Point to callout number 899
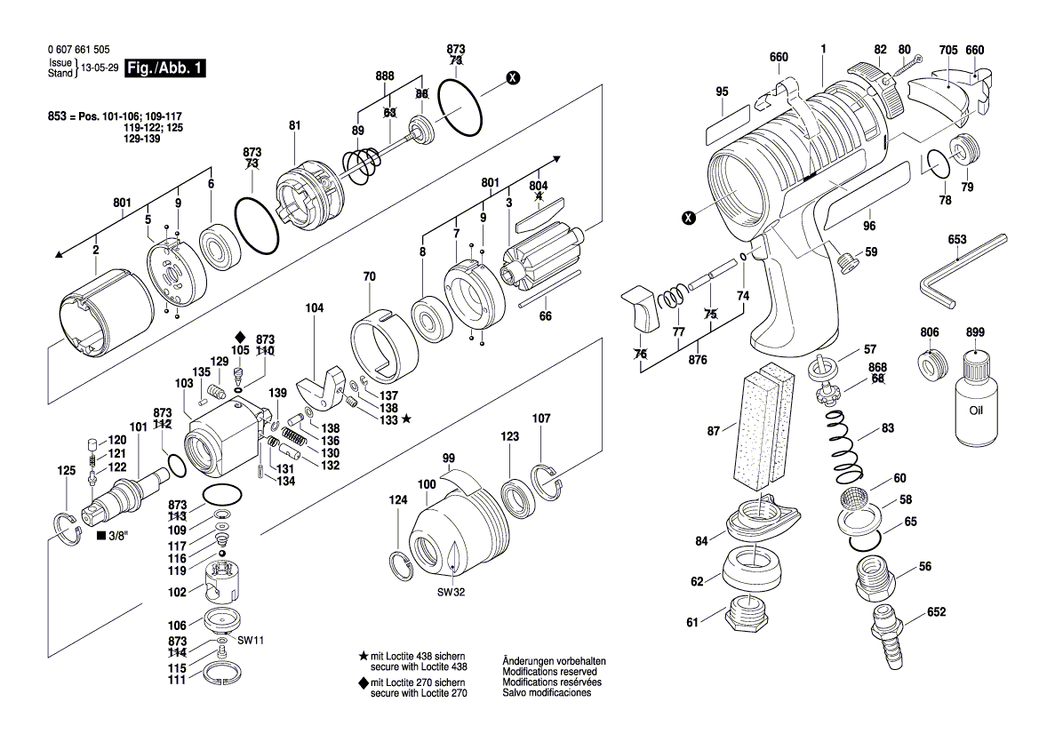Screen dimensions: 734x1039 click(x=976, y=332)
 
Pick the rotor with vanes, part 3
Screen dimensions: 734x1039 click(x=537, y=258)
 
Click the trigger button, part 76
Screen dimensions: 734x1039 click(x=641, y=307)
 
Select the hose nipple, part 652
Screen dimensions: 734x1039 click(x=883, y=636)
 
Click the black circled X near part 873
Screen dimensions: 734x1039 click(x=512, y=78)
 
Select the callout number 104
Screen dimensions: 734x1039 click(x=315, y=308)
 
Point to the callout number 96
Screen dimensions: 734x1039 click(x=868, y=226)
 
